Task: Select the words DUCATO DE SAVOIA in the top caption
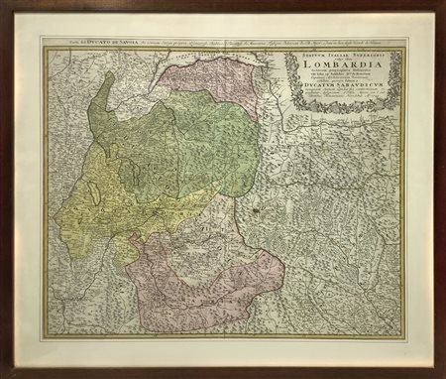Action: [x=86, y=46]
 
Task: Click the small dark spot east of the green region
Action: [x=256, y=210]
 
